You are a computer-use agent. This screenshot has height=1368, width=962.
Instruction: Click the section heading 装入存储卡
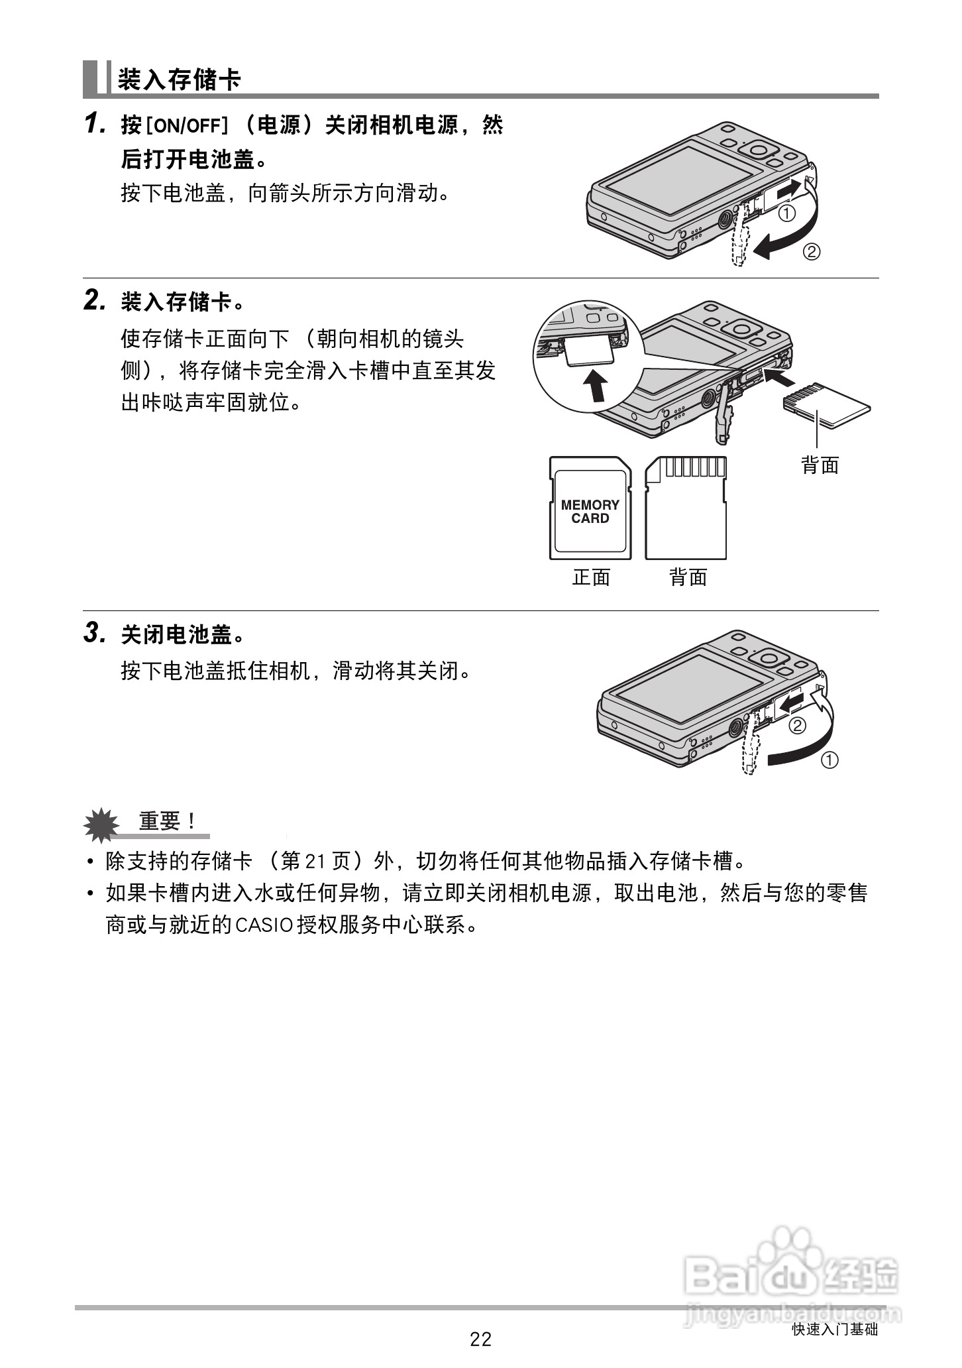(x=179, y=80)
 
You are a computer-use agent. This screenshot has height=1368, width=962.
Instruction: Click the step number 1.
(x=93, y=124)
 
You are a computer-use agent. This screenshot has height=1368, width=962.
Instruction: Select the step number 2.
(x=94, y=302)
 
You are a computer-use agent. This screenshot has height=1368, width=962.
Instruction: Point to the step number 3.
(x=94, y=634)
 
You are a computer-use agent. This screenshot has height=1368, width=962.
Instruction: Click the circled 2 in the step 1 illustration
(x=812, y=252)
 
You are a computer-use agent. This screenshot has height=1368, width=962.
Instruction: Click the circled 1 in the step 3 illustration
(x=829, y=760)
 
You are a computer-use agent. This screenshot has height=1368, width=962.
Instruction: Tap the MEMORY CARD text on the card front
(x=590, y=512)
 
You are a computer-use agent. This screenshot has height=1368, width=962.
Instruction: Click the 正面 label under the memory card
(x=591, y=577)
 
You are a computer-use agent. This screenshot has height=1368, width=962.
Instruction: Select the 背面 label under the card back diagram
(x=688, y=577)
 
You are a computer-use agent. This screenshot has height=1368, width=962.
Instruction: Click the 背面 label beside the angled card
(x=820, y=465)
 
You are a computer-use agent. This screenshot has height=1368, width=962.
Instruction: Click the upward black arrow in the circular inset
(x=597, y=385)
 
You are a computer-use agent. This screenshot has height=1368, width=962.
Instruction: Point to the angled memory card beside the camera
(x=827, y=404)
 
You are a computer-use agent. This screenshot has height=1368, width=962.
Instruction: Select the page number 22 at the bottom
(x=481, y=1339)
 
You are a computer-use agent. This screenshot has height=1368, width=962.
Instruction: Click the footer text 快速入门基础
(x=834, y=1330)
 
